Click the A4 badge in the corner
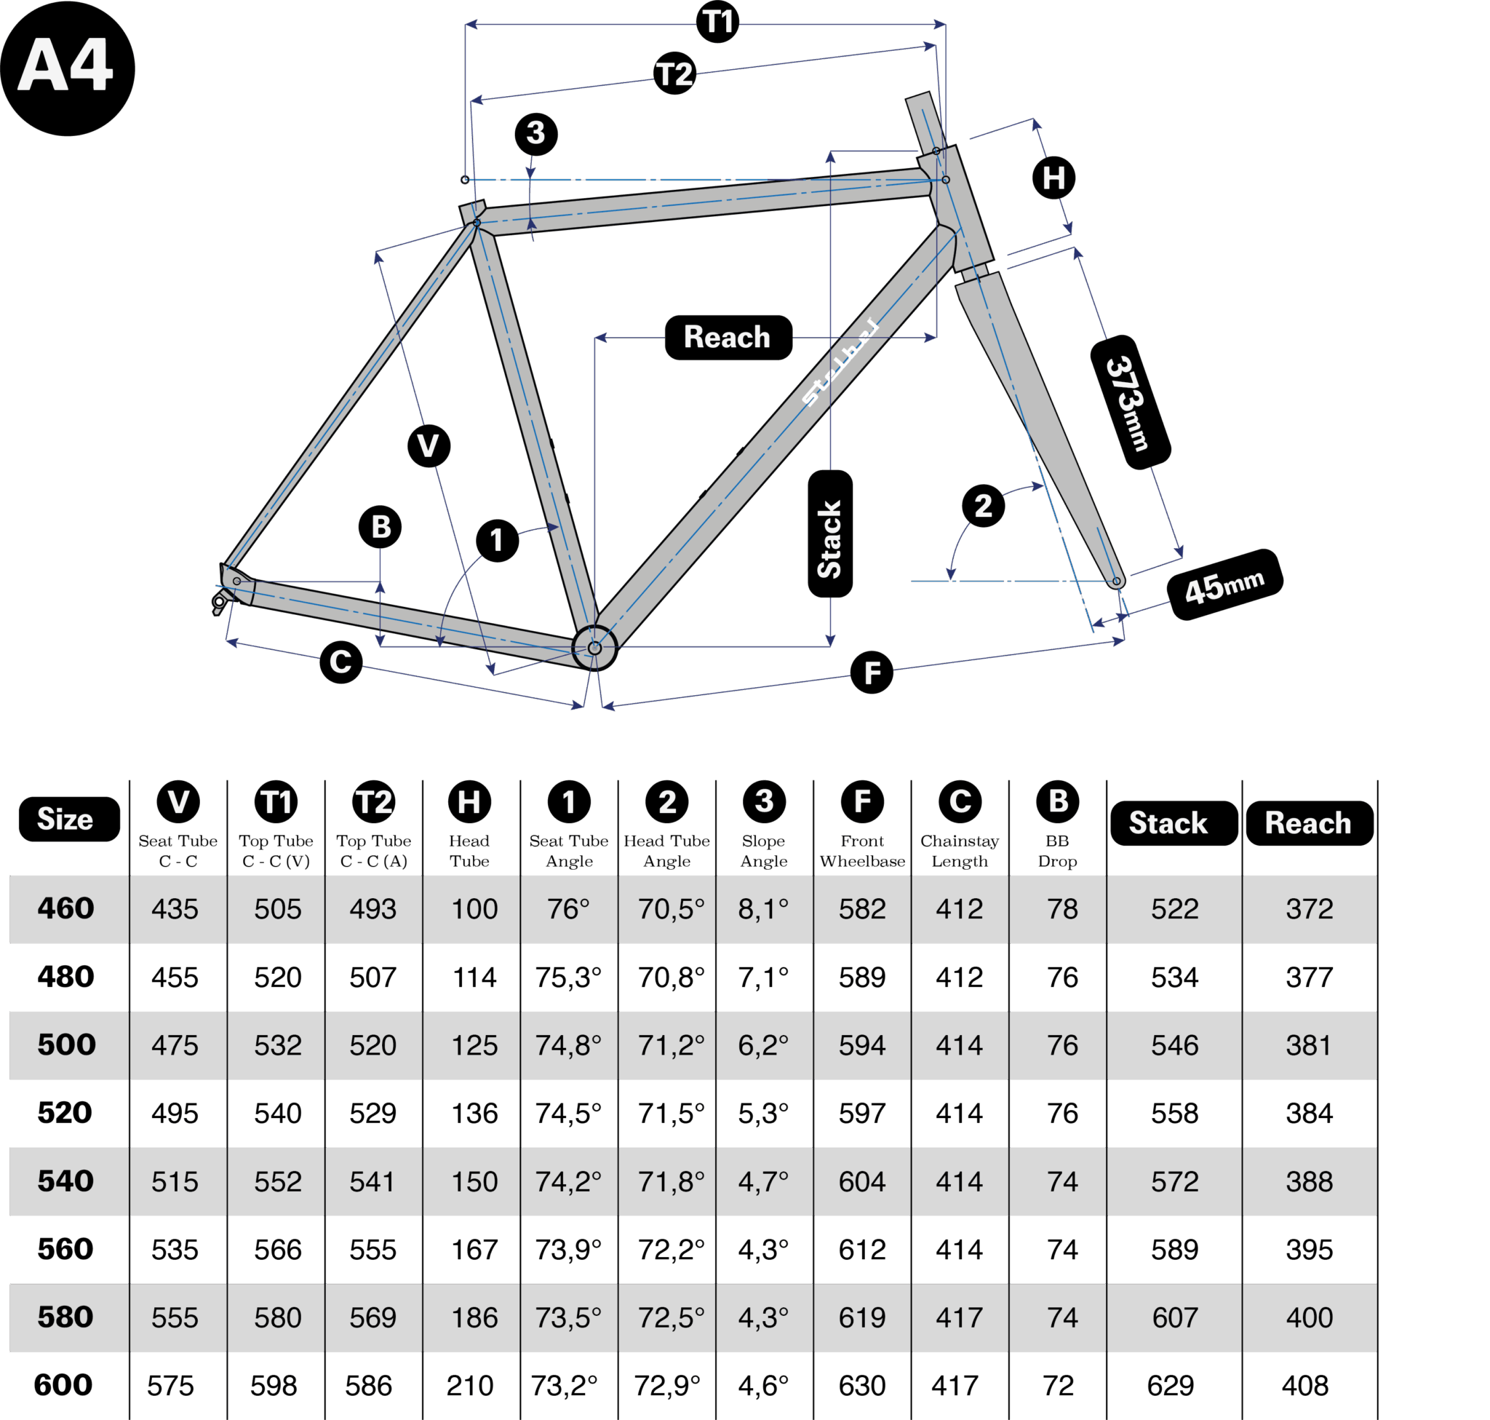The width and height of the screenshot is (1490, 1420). [68, 68]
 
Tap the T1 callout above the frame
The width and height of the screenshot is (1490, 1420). [717, 22]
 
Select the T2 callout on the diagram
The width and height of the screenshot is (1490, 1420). [674, 74]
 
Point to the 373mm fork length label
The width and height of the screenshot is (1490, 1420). [1130, 402]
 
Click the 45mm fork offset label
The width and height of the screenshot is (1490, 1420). [1224, 584]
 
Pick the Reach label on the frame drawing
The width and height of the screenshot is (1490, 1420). [728, 337]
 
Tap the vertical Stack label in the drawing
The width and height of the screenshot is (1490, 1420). [830, 533]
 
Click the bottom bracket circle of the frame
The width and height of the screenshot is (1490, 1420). [595, 648]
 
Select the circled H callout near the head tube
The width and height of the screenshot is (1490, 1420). [1053, 178]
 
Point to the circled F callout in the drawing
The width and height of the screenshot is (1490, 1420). [871, 673]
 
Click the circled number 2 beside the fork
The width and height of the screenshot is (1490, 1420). [983, 506]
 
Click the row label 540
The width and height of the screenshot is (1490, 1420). [65, 1181]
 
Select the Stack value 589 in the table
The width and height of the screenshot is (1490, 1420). [1174, 1250]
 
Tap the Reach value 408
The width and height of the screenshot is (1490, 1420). [1304, 1386]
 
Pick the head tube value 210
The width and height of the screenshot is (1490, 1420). [469, 1386]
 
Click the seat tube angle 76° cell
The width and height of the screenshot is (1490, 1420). [568, 909]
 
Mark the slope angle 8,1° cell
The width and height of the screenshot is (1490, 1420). [763, 909]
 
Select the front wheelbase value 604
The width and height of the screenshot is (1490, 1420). [862, 1181]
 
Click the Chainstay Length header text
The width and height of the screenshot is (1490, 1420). [960, 851]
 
